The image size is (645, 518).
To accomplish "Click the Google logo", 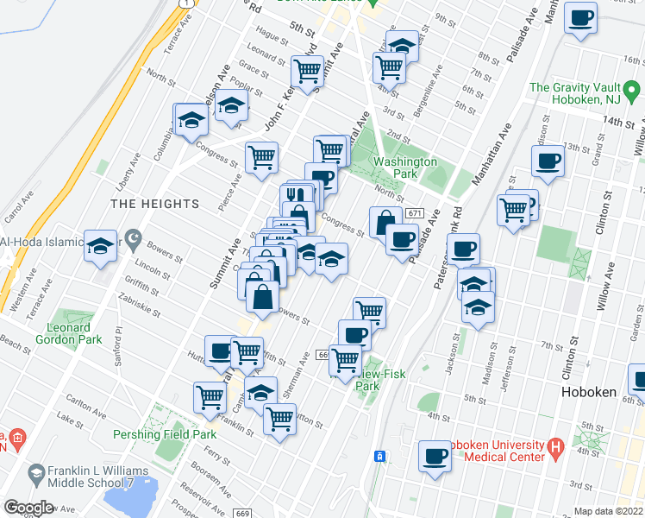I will tap(28, 508).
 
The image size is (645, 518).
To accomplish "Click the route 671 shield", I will tap(415, 213).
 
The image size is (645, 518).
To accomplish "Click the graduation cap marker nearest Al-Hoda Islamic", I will tap(101, 246).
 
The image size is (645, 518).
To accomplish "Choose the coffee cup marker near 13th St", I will tap(547, 160).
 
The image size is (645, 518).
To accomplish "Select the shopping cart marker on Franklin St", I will tap(279, 419).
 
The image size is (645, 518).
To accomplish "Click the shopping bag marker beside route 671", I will tap(384, 222).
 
